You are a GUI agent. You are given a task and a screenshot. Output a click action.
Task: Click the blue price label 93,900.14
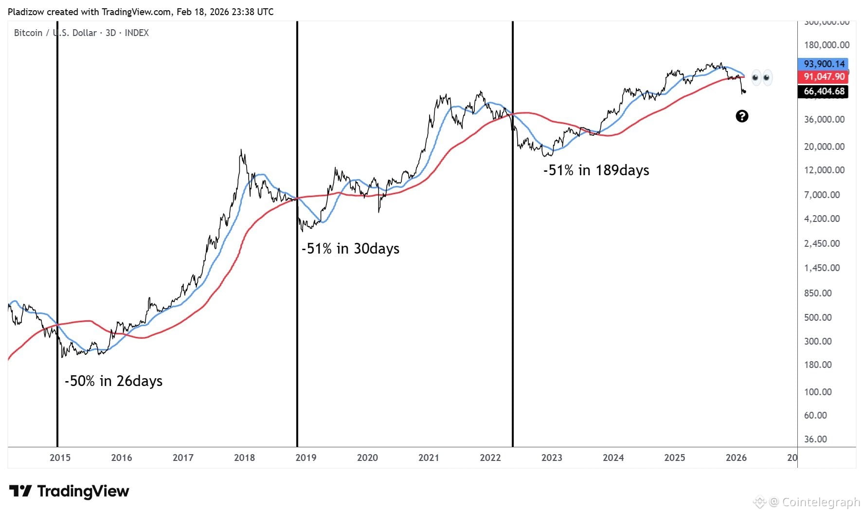point(824,64)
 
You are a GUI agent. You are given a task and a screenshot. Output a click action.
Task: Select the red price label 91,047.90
point(824,76)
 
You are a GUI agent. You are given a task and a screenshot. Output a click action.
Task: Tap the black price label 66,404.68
point(824,91)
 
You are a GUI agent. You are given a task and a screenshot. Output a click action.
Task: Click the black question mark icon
point(742,116)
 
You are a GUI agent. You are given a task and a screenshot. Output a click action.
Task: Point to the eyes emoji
point(761,77)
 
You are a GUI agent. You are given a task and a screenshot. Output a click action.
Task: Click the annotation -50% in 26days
point(113,381)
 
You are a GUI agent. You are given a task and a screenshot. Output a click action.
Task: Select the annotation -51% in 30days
point(350,249)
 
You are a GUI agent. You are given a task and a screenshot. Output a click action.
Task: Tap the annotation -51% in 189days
point(596,170)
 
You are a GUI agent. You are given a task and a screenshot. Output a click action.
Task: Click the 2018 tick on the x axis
point(244,458)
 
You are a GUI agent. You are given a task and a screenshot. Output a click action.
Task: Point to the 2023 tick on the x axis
point(552,458)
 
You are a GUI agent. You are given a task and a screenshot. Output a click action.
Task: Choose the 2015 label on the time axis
point(60,458)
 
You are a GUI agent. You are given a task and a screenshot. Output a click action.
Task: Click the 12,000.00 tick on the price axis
point(824,170)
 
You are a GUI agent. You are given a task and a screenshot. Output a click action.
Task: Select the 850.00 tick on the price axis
point(818,293)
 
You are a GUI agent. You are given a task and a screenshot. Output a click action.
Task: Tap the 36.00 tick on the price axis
point(815,439)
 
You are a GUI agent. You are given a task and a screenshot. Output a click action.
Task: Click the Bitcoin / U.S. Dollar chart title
point(81,33)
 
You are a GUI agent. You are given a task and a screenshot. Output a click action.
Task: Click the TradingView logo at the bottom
point(69,491)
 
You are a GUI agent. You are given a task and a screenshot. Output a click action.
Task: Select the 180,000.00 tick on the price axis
point(827,45)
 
